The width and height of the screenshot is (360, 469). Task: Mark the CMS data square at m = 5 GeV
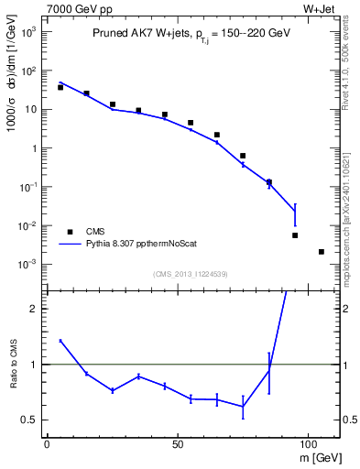[x=60, y=87]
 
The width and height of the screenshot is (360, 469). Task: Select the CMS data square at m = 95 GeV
[x=295, y=235]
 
